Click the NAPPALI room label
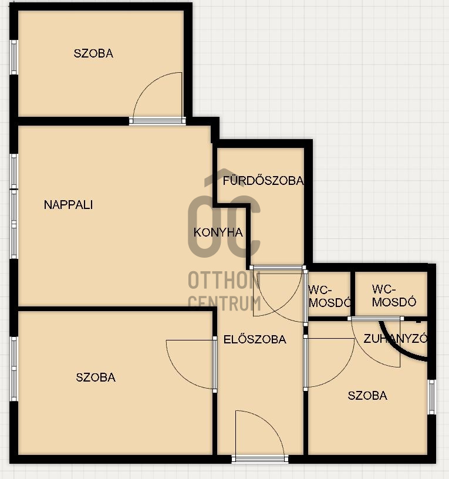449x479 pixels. click(69, 205)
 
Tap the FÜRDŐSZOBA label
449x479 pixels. click(263, 180)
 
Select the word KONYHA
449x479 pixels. click(218, 232)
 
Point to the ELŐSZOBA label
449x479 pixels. click(255, 339)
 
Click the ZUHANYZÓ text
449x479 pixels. click(395, 339)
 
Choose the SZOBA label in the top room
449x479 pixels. click(93, 53)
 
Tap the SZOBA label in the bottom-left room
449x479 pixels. click(96, 377)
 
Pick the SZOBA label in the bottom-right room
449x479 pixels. click(367, 396)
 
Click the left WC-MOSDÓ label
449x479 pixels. click(329, 296)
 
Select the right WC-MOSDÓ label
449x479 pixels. click(394, 295)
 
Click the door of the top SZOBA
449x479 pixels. click(157, 99)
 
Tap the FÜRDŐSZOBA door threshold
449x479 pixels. click(278, 268)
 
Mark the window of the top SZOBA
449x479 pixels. click(13, 57)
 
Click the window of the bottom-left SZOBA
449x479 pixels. click(13, 369)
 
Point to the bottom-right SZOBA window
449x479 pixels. click(431, 397)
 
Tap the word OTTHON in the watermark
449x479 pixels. click(224, 280)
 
